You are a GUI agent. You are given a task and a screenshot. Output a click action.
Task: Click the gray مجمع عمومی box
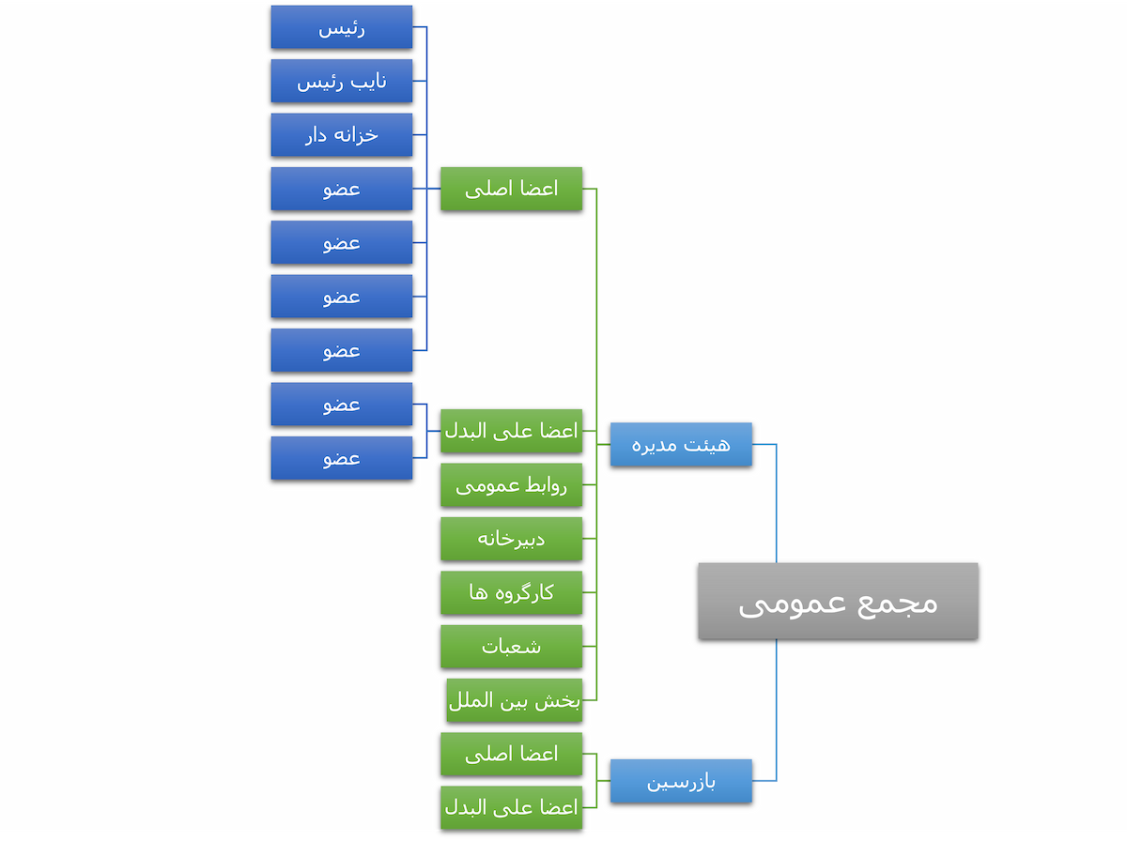(x=838, y=602)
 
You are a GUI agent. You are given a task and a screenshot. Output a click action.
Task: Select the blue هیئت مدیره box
(x=681, y=444)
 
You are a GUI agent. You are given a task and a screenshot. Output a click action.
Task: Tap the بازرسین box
(x=681, y=781)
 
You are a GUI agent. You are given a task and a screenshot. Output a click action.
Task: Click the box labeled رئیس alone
(x=342, y=27)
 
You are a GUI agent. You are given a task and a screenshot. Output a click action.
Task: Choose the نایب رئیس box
(x=342, y=82)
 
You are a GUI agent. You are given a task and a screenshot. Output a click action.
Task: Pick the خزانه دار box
(x=342, y=135)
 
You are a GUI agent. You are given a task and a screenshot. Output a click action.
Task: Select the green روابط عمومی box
(x=511, y=485)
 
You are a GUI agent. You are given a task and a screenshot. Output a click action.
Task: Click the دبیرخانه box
(x=511, y=539)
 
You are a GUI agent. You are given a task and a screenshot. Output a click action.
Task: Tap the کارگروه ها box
(x=511, y=592)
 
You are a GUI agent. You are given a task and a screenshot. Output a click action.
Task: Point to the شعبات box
(x=511, y=647)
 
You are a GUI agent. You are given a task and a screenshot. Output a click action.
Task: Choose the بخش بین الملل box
(x=514, y=701)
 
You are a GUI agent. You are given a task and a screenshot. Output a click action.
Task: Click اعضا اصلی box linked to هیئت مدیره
(x=511, y=189)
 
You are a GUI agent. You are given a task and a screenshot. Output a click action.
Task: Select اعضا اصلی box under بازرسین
(x=511, y=754)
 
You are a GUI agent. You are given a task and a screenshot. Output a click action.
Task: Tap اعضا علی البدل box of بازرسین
(x=511, y=807)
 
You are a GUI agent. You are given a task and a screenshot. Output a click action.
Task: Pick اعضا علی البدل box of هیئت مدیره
(x=511, y=431)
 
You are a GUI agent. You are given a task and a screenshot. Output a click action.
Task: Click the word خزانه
(x=358, y=135)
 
